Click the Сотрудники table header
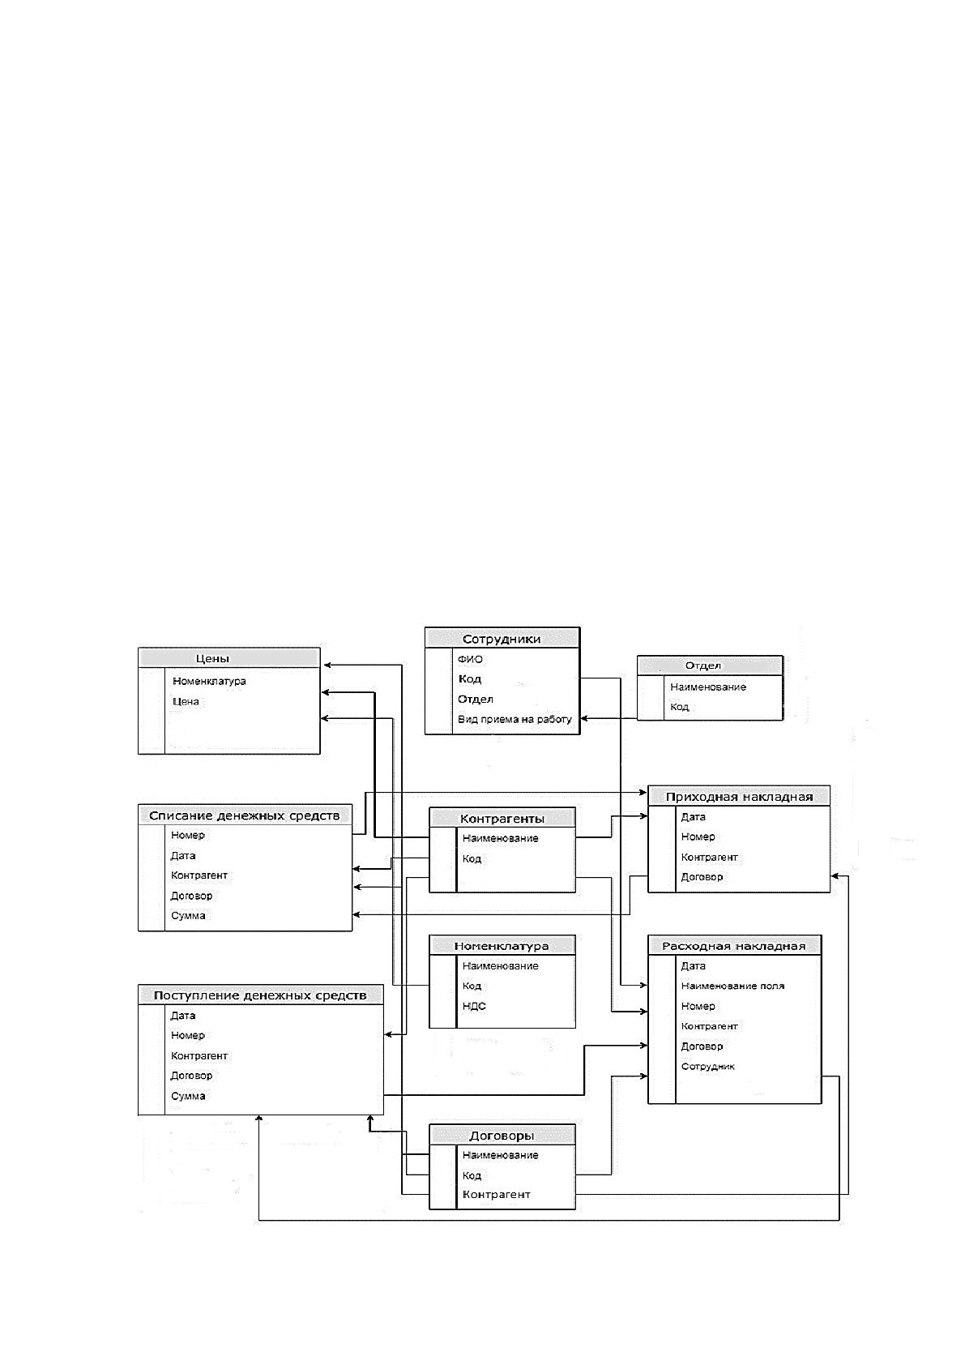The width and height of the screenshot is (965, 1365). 502,639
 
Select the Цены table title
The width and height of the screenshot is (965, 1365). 212,658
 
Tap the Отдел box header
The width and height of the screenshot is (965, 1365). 702,665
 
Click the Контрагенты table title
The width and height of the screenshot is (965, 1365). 502,819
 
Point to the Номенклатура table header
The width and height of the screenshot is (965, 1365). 502,946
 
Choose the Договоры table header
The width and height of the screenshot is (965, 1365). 502,1136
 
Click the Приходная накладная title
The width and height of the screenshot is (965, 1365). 739,797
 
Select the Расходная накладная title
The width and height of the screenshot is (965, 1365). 733,946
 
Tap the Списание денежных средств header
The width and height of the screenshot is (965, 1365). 245,815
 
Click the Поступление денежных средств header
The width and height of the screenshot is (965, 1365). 260,995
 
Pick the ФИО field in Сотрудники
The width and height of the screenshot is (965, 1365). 470,659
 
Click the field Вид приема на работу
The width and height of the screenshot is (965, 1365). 515,719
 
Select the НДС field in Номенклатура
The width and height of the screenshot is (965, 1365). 474,1006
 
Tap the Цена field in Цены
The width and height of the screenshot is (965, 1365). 186,701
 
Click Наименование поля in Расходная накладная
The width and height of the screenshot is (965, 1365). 732,986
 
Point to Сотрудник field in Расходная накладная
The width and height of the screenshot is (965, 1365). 708,1066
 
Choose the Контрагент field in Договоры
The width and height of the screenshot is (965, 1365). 497,1195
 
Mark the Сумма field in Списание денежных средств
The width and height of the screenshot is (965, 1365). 188,915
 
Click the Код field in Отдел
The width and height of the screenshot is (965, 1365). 679,707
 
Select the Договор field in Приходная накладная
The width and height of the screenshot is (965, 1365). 702,877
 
